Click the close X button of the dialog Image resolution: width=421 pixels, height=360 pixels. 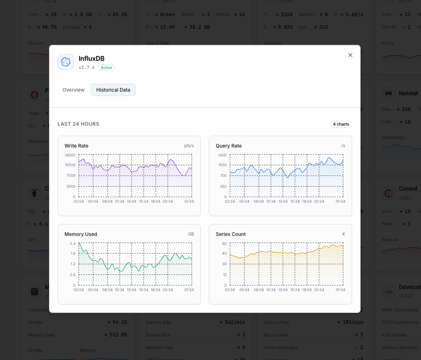pyautogui.click(x=350, y=55)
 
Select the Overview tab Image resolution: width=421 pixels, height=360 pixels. pyautogui.click(x=73, y=90)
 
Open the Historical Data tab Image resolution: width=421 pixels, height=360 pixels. pyautogui.click(x=113, y=90)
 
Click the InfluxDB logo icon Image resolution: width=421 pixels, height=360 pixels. pyautogui.click(x=66, y=62)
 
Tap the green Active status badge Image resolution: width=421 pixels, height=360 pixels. pyautogui.click(x=106, y=68)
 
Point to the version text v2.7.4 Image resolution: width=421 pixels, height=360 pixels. pyautogui.click(x=87, y=68)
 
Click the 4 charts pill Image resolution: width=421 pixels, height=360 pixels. pyautogui.click(x=341, y=124)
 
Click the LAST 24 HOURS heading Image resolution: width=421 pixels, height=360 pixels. pyautogui.click(x=78, y=124)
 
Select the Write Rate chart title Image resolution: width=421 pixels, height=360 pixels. pyautogui.click(x=76, y=146)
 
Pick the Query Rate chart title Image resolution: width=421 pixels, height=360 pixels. pyautogui.click(x=229, y=146)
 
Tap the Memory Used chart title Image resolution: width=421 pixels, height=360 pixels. pyautogui.click(x=81, y=234)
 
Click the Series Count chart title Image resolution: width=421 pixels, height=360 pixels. pyautogui.click(x=231, y=234)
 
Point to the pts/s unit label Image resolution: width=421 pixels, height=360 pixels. pyautogui.click(x=189, y=146)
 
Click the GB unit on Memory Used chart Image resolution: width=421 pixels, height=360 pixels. pyautogui.click(x=191, y=234)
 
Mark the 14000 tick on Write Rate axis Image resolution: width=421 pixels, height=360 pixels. pyautogui.click(x=70, y=155)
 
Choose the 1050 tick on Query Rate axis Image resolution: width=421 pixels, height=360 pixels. pyautogui.click(x=222, y=165)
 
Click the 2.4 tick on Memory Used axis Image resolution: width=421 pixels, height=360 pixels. pyautogui.click(x=73, y=244)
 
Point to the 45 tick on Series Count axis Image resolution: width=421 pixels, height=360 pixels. pyautogui.click(x=224, y=253)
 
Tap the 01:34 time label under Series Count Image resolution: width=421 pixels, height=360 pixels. pyautogui.click(x=340, y=290)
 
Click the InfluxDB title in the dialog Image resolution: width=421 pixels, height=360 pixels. pyautogui.click(x=92, y=59)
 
